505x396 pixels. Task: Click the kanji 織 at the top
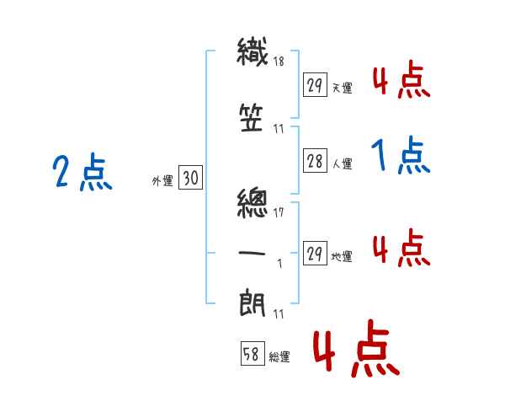point(252,51)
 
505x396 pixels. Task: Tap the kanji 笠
point(252,118)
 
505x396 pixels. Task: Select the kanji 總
point(252,203)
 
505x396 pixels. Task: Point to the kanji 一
point(252,254)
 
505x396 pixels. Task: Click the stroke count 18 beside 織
point(279,61)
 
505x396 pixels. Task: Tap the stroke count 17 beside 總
point(279,212)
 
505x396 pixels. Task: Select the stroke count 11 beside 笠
point(279,129)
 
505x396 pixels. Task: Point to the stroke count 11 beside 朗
point(279,313)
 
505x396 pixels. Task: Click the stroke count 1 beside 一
point(280,264)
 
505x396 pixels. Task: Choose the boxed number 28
point(315,161)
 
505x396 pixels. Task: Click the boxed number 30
point(190,177)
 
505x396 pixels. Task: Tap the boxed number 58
point(252,353)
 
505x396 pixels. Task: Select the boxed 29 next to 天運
point(315,85)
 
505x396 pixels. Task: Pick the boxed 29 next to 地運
point(315,253)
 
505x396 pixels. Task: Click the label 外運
point(162,181)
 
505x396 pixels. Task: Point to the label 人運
point(343,163)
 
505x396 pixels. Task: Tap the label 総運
point(279,356)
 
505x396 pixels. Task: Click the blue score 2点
point(82,172)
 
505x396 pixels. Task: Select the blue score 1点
point(401,155)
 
